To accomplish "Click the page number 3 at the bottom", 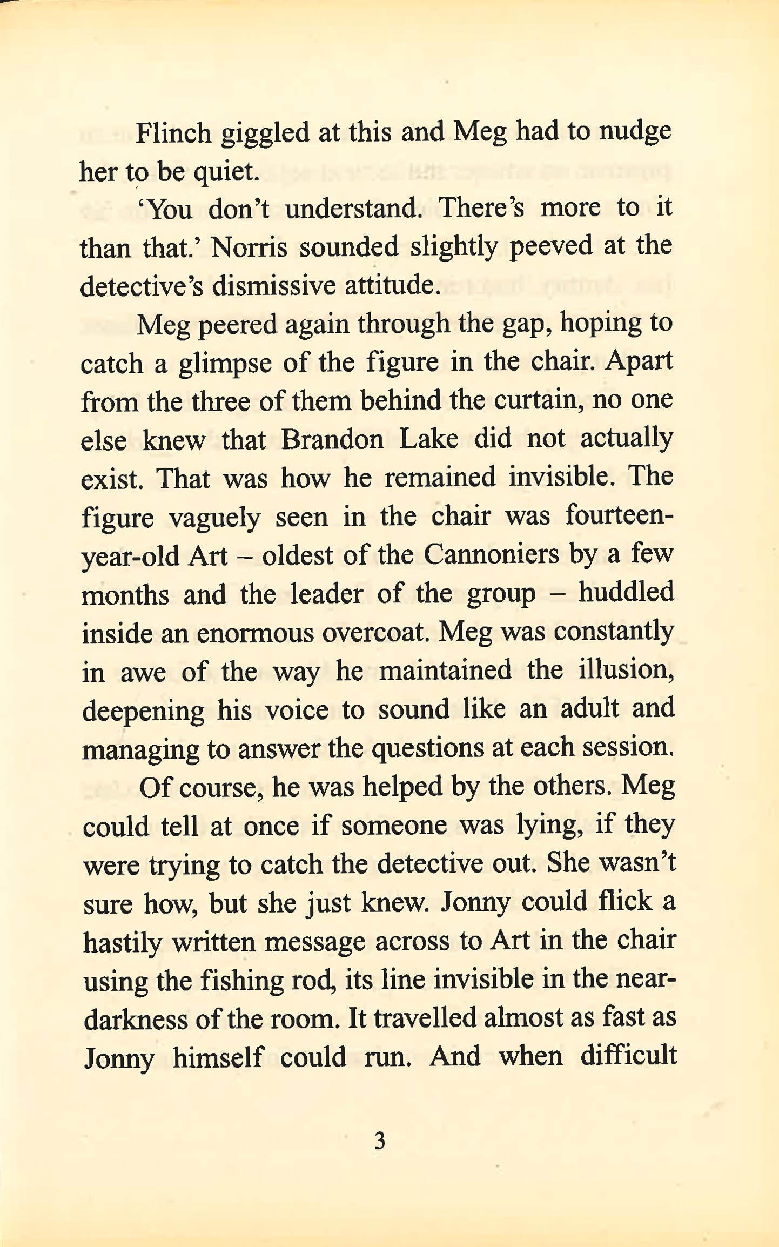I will click(380, 1141).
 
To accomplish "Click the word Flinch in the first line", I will click(173, 133).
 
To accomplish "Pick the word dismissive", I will click(273, 286).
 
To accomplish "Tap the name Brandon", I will click(332, 439).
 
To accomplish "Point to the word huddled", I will click(626, 593).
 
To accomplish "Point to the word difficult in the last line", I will click(628, 1056).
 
